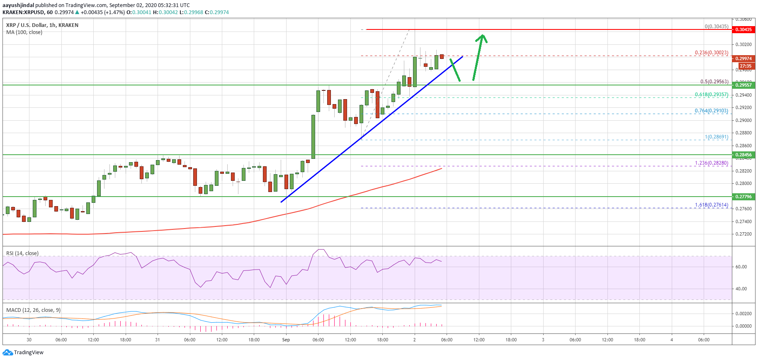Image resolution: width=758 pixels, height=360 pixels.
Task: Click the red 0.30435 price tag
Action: point(743,29)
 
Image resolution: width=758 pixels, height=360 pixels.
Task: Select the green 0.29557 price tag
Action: point(743,85)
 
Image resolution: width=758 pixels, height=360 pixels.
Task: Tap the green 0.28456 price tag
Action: point(743,155)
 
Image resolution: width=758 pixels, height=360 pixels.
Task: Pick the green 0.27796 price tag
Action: point(743,197)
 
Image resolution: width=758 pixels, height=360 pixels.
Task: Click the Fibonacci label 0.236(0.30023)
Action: point(711,53)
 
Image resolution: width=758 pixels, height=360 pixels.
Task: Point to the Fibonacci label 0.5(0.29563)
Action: point(714,82)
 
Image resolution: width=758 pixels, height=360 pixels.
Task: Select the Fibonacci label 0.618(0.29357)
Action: point(711,95)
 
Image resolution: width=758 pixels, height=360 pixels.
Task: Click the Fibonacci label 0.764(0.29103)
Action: point(711,111)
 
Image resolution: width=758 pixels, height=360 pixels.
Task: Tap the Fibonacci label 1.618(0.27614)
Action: point(711,205)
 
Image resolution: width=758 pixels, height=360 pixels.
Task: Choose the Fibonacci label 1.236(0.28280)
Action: point(711,163)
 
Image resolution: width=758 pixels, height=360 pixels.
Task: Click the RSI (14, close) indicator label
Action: point(22,253)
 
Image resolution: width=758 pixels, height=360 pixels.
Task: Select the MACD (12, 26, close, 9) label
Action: point(34,310)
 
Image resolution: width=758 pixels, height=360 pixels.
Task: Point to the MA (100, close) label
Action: point(24,32)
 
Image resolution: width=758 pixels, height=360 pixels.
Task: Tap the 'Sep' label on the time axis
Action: point(286,340)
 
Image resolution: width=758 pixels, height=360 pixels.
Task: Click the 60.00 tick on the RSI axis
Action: point(741,267)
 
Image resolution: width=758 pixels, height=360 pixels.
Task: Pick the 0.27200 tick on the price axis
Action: point(743,234)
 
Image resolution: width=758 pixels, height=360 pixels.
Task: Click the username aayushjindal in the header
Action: point(18,5)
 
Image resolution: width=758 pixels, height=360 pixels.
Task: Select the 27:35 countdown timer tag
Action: point(745,66)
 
